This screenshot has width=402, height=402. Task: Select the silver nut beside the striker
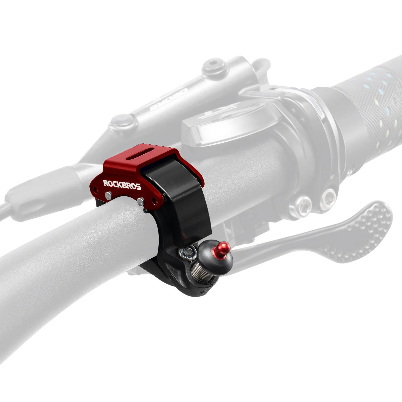[x=187, y=252]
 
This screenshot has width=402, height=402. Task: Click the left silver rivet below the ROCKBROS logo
[x=108, y=196]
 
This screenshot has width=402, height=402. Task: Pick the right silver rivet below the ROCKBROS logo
[x=141, y=201]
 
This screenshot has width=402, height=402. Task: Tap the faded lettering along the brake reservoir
[x=168, y=99]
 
